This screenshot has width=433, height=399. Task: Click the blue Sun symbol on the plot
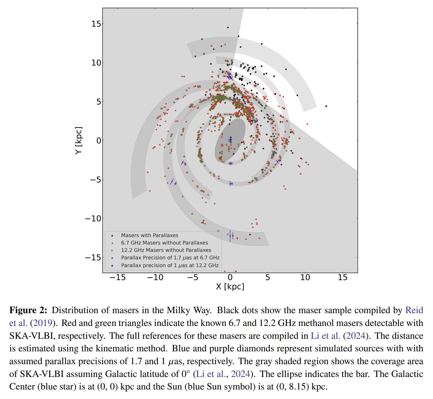tap(230, 77)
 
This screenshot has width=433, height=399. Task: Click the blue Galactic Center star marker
tap(230, 140)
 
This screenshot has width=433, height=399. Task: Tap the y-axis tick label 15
tap(96, 24)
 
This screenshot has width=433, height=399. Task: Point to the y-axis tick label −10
tap(93, 219)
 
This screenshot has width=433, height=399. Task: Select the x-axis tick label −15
tap(117, 277)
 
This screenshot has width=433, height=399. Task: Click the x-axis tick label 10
tap(305, 277)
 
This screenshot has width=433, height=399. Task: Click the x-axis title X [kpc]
tap(230, 287)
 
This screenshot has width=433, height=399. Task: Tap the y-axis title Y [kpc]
tap(79, 140)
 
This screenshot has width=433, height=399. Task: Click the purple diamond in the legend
tap(112, 265)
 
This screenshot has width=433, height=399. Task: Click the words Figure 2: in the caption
tap(28, 310)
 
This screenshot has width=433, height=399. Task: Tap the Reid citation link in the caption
tap(414, 310)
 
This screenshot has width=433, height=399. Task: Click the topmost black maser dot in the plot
tap(228, 27)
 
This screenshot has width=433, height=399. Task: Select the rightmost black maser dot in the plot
tap(326, 106)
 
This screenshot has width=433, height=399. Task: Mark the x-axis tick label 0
tap(230, 277)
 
